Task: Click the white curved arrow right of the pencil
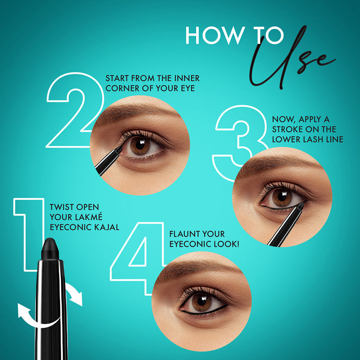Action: [74, 294]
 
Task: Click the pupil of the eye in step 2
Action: [140, 144]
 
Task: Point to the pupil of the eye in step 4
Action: [202, 301]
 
